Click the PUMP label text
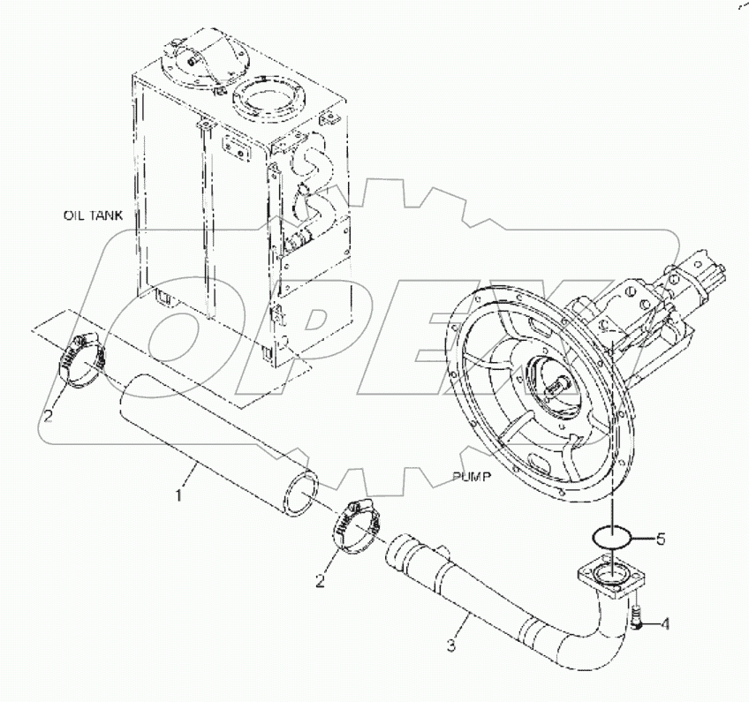471,476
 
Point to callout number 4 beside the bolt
665,625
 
